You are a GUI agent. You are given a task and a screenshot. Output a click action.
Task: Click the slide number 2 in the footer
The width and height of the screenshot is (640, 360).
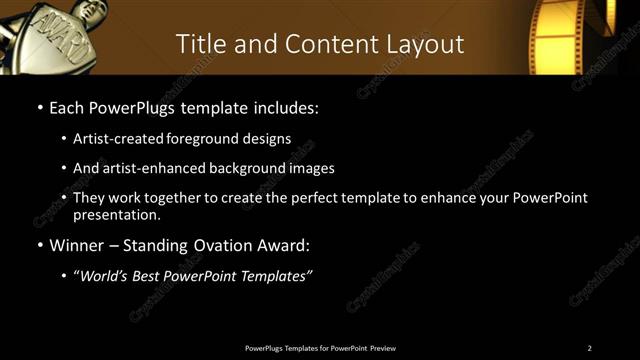(x=589, y=348)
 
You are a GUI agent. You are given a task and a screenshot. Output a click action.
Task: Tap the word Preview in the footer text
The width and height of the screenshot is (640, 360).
(x=383, y=348)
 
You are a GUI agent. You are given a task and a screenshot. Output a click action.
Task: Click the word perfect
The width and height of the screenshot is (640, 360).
(x=319, y=198)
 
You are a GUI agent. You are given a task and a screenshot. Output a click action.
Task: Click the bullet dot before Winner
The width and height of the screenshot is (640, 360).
(x=39, y=245)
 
